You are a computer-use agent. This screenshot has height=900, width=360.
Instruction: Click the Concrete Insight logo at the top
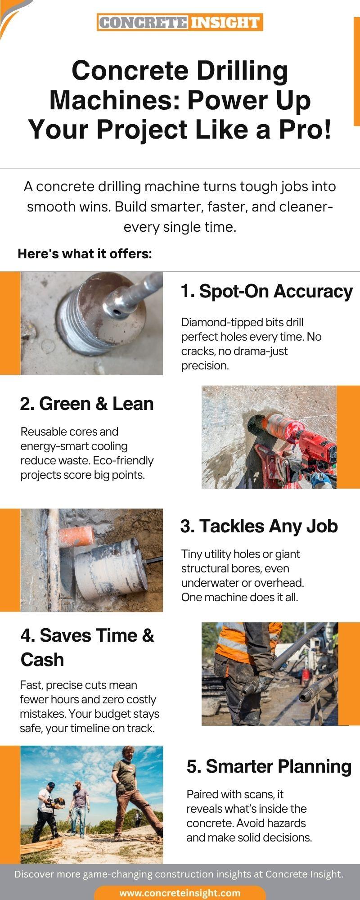pos(180,22)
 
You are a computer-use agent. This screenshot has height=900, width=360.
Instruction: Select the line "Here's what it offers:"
pos(85,254)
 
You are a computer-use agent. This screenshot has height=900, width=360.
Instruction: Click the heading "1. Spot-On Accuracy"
pos(266,291)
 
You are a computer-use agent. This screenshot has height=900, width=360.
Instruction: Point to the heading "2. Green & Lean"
pos(87,404)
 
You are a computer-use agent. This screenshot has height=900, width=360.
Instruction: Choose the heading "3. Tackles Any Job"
pos(259,526)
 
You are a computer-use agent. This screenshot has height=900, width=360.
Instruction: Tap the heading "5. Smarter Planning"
pos(269,766)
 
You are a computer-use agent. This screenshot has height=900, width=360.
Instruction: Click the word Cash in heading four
pos(42,660)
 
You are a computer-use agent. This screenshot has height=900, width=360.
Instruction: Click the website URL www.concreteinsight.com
pos(180,893)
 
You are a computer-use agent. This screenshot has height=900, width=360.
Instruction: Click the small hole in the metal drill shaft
pos(118,310)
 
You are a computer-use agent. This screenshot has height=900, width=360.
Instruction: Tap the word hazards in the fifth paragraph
pos(286,823)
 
